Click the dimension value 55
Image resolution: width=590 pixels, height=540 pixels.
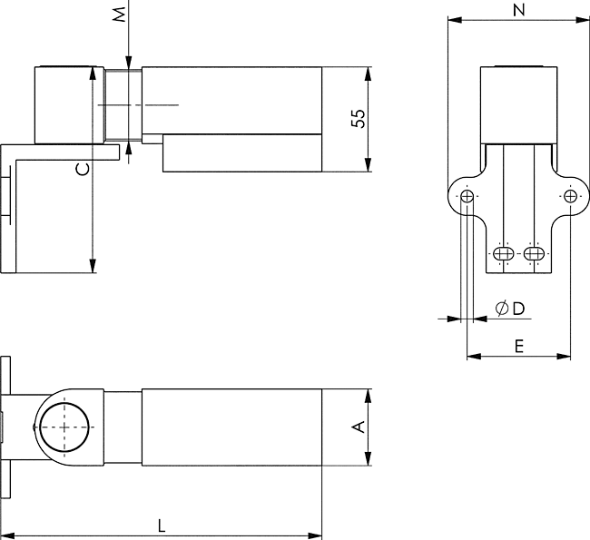coord(359,119)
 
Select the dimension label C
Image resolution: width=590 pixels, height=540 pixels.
coord(82,168)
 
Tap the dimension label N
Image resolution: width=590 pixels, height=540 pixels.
coord(518,10)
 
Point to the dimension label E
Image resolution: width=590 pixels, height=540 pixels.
coord(518,345)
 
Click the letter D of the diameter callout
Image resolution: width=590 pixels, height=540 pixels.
coord(518,309)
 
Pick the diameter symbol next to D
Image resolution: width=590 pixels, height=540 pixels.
coord(502,309)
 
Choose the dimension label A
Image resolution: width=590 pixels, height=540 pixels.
coord(359,427)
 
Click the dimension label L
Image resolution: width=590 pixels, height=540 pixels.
coord(161,525)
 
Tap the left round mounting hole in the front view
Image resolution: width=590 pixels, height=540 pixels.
coord(467,197)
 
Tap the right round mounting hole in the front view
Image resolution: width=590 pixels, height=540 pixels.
coord(569,197)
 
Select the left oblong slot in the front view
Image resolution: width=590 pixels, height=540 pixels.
coord(505,253)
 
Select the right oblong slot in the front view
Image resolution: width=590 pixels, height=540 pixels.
coord(535,253)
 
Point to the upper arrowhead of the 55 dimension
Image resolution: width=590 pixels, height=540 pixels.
coord(369,72)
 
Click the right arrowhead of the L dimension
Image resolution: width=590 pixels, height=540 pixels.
coord(317,535)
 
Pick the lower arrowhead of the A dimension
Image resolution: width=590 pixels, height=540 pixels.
coord(369,460)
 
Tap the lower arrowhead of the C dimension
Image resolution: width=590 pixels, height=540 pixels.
coord(93,267)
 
